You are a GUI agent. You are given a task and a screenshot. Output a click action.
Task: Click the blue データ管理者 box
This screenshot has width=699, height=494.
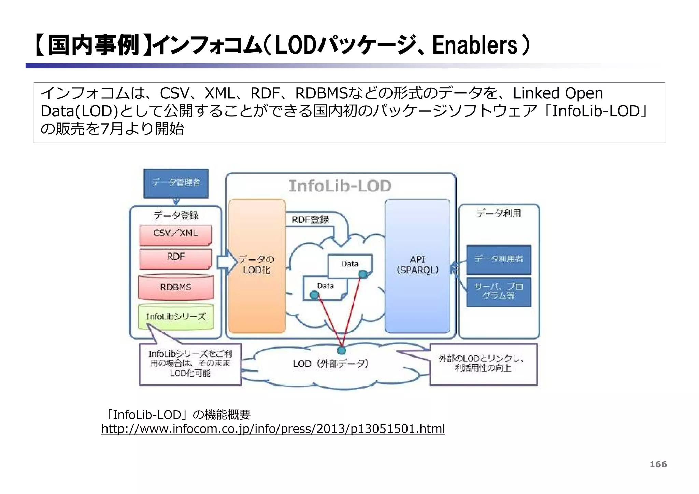click(x=176, y=183)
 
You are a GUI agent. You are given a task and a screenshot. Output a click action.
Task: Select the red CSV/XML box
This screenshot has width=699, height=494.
click(x=175, y=235)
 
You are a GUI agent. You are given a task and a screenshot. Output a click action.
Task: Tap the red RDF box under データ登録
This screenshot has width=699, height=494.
click(x=175, y=258)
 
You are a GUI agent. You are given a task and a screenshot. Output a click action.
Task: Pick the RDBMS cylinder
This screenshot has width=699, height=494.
click(x=176, y=288)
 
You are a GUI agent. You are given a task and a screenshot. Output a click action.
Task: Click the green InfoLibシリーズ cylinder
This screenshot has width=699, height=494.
click(x=176, y=317)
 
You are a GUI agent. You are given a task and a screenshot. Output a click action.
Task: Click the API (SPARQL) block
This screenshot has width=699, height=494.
click(x=417, y=265)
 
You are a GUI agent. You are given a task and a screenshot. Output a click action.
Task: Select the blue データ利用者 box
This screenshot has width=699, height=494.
click(x=499, y=259)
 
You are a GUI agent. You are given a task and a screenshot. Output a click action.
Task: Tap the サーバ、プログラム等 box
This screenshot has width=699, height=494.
click(x=499, y=292)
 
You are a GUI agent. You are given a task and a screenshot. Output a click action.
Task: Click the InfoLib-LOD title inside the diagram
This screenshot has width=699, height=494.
click(x=340, y=186)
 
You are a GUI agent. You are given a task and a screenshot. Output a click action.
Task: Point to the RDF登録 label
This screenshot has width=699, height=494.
click(x=310, y=220)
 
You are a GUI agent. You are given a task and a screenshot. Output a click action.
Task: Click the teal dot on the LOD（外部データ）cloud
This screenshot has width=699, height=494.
click(x=341, y=350)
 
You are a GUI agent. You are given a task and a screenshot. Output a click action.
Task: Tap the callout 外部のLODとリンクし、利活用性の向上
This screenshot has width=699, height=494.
click(x=483, y=364)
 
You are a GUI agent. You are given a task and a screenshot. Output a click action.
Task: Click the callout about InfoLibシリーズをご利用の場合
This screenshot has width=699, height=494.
click(x=190, y=364)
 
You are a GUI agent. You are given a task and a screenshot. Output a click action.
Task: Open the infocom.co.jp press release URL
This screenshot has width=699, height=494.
click(x=273, y=429)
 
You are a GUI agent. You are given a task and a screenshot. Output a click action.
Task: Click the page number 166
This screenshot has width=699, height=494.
click(x=658, y=464)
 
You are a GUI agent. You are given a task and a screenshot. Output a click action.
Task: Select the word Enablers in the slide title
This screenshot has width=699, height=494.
click(x=475, y=45)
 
